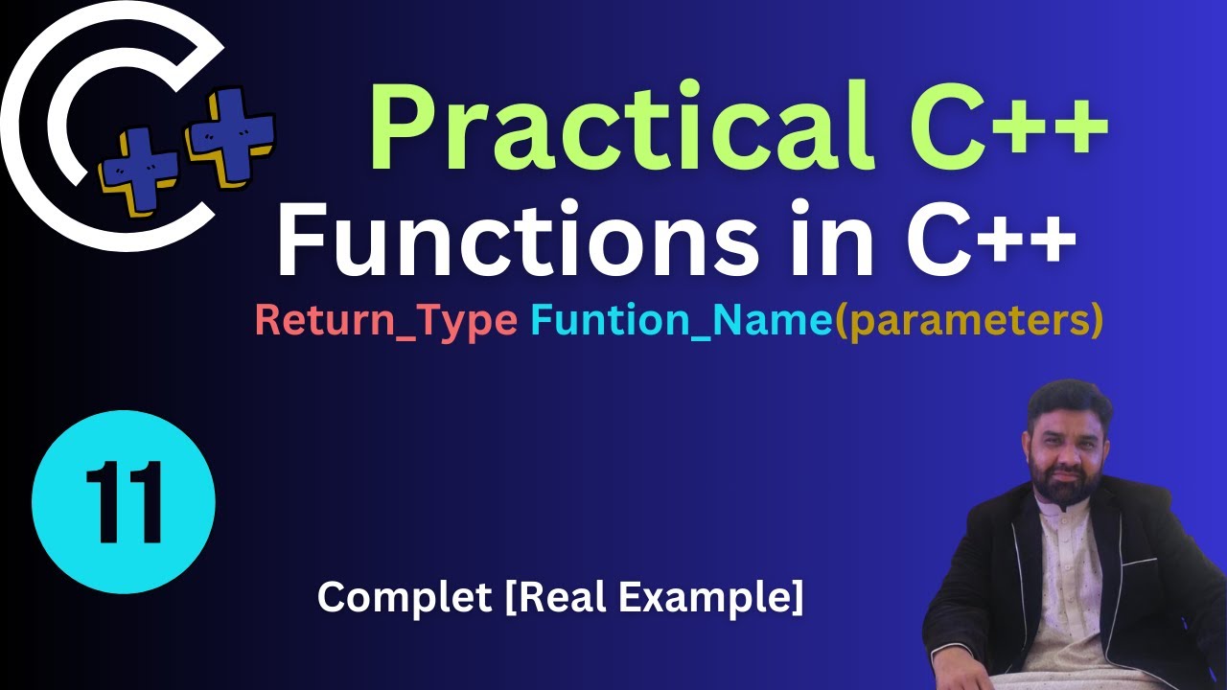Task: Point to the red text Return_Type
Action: click(x=385, y=321)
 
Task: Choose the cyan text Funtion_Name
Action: click(x=681, y=321)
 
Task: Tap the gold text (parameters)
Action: click(x=968, y=321)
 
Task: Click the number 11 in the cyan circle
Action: click(x=123, y=502)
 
